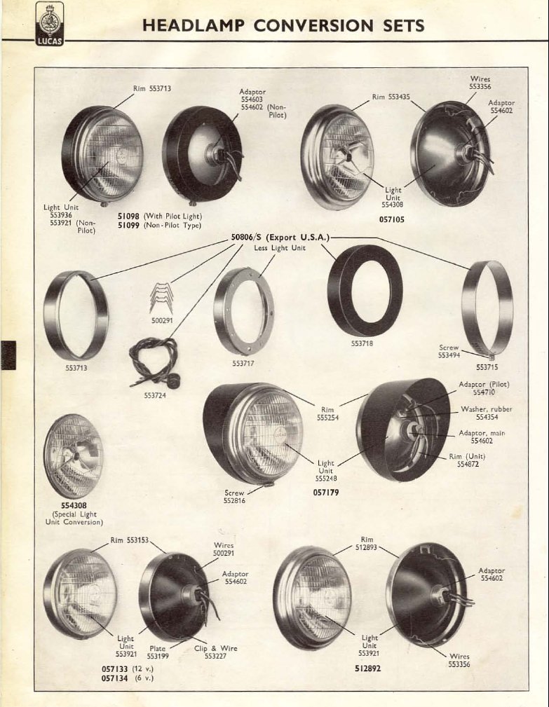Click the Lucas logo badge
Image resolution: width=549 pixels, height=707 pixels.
50,24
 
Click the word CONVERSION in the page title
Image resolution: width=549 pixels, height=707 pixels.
313,25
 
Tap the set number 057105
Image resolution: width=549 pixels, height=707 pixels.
391,220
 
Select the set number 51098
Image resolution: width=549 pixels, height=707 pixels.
128,216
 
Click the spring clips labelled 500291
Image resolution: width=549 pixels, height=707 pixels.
162,298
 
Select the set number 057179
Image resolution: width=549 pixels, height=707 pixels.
326,493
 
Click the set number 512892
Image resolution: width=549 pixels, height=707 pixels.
367,668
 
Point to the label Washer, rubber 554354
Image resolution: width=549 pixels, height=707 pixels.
487,413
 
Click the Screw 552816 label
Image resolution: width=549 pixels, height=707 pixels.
234,496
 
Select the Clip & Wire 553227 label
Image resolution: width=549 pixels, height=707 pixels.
216,652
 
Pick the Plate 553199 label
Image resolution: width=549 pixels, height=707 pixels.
158,652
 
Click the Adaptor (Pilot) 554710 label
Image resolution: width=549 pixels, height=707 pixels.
484,388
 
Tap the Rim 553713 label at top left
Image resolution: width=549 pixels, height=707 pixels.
152,88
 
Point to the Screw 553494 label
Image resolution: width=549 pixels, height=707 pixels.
449,351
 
